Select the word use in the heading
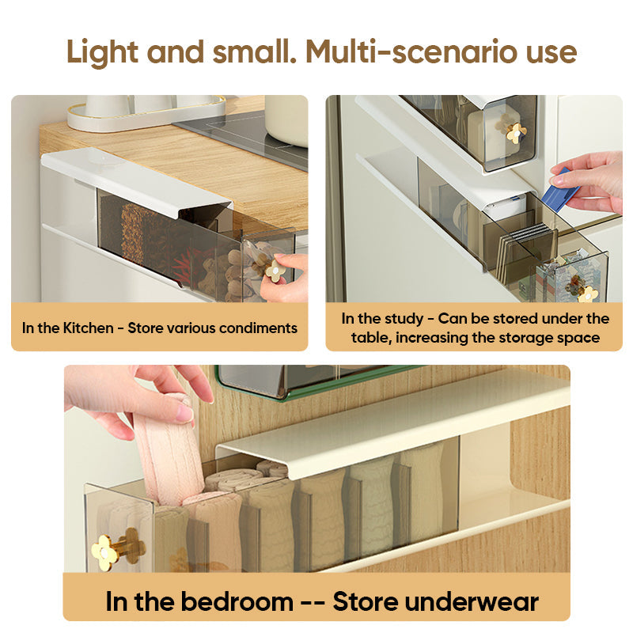pos(544,51)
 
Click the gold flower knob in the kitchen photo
pos(275,271)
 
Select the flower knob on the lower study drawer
pos(587,293)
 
